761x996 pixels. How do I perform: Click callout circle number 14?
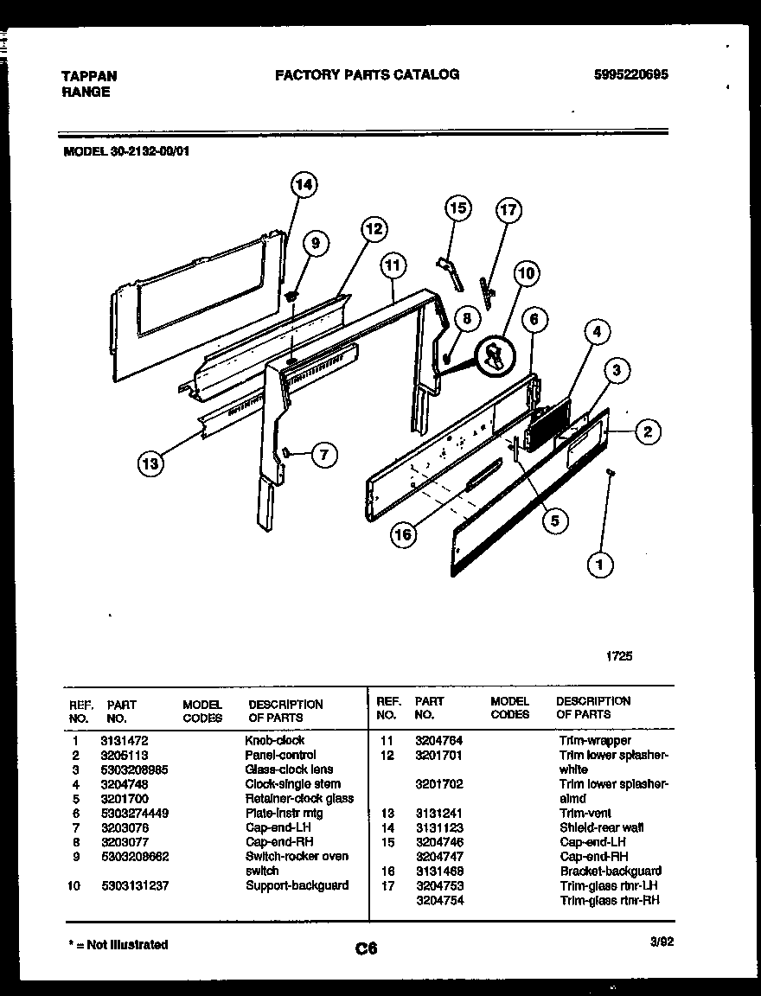[x=302, y=184]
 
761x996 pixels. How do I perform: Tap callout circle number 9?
[x=315, y=244]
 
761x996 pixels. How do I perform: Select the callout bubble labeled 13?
[x=150, y=464]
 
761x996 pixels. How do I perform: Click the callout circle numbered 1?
[x=600, y=565]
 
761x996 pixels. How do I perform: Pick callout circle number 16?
[x=403, y=534]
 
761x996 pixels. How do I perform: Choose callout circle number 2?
[x=648, y=431]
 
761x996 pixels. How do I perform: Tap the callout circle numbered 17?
[x=508, y=210]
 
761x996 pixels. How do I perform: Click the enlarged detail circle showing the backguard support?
[x=495, y=354]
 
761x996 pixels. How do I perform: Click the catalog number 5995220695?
[x=631, y=75]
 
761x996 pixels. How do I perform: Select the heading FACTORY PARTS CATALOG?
[x=367, y=74]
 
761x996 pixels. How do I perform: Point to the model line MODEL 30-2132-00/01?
[x=126, y=149]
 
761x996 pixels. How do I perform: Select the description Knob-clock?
[x=275, y=741]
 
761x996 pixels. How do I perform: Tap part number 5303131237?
[x=135, y=885]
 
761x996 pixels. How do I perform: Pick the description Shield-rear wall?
[x=602, y=827]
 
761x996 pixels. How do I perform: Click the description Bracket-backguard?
[x=611, y=871]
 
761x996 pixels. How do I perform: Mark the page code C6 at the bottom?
[x=366, y=949]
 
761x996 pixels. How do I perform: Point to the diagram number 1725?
[x=618, y=656]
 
